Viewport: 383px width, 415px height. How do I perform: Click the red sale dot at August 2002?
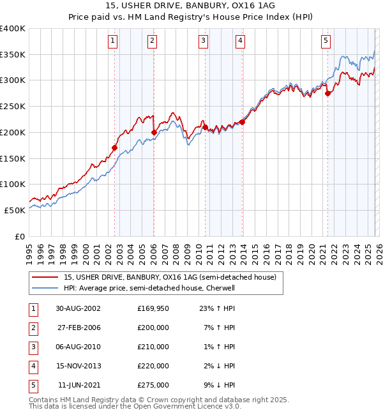[x=115, y=147]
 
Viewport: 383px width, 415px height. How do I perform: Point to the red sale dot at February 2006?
[x=154, y=132]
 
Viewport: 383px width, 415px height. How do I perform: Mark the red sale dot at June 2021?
[x=327, y=93]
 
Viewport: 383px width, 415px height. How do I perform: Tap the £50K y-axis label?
[x=15, y=210]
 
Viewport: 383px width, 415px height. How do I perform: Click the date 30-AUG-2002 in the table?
[x=79, y=308]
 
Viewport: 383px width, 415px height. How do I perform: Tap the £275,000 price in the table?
[x=153, y=385]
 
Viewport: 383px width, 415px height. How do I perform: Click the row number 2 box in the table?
[x=33, y=328]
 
